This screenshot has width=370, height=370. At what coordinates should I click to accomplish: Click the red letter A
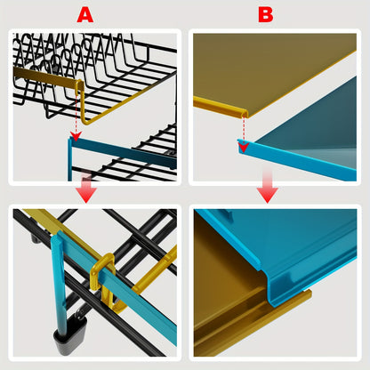coord(85,15)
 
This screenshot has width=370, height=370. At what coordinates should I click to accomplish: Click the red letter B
coord(266,15)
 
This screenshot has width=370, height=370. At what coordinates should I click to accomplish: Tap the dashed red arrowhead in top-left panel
coord(76,136)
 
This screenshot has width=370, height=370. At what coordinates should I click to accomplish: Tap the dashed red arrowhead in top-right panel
coord(244,148)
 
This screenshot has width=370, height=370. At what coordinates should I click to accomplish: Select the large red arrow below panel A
coord(86,189)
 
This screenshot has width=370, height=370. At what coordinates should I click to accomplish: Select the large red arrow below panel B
coord(268,187)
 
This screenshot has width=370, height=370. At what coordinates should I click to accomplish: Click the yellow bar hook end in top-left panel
coord(79,85)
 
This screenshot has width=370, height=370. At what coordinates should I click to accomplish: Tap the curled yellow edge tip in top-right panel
coord(244,113)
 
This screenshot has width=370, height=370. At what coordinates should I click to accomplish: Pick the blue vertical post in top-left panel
coord(69,159)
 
